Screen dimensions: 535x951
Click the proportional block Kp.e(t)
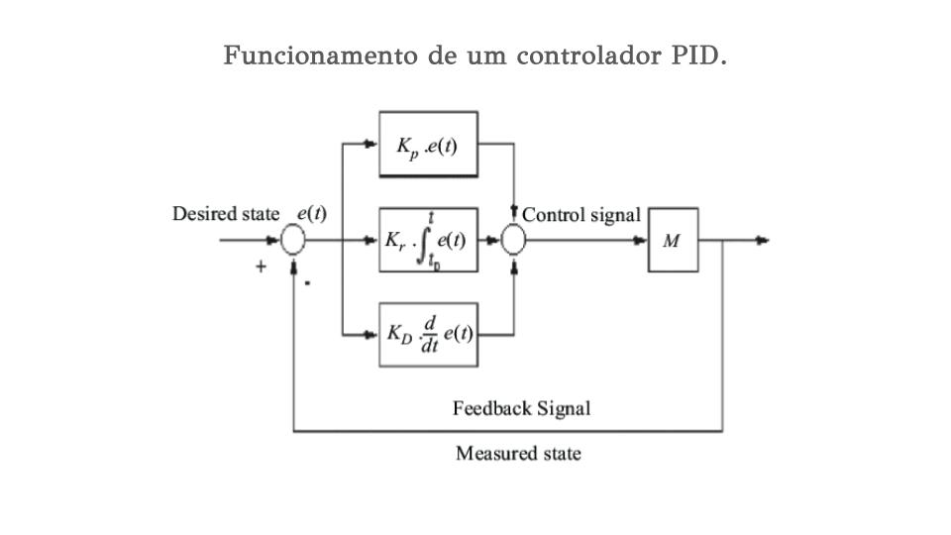pyautogui.click(x=428, y=145)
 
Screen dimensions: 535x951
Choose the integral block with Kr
pyautogui.click(x=428, y=240)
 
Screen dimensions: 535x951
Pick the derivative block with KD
pyautogui.click(x=428, y=334)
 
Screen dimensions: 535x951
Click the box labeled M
pyautogui.click(x=673, y=240)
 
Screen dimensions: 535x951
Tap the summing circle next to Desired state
pyautogui.click(x=292, y=240)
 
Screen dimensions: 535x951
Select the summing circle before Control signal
pyautogui.click(x=513, y=240)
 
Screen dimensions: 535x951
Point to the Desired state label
pyautogui.click(x=225, y=214)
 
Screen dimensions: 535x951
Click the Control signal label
pyautogui.click(x=581, y=214)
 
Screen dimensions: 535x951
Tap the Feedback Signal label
pyautogui.click(x=521, y=408)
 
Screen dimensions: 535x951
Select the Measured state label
pyautogui.click(x=518, y=454)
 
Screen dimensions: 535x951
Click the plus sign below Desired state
pyautogui.click(x=261, y=266)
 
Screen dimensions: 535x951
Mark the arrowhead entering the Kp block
pyautogui.click(x=371, y=145)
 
